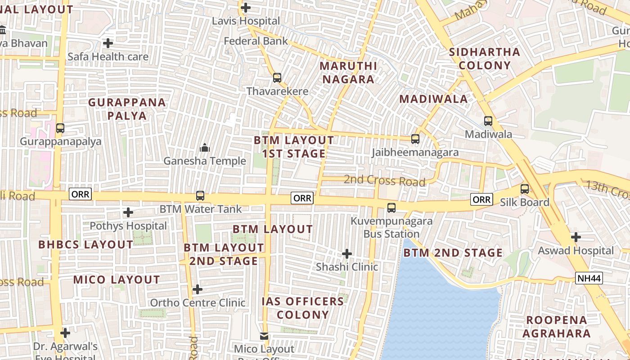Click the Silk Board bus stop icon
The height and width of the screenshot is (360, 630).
pos(524,189)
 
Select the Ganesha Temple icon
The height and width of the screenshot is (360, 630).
pos(205,148)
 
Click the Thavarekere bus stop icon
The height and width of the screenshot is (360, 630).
pos(277,78)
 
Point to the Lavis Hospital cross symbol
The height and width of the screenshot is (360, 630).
pos(246,8)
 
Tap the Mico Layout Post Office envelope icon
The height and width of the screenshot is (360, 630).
pos(264,336)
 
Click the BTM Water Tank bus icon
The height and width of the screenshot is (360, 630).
pos(200,196)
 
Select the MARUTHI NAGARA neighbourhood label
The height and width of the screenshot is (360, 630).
pos(347,72)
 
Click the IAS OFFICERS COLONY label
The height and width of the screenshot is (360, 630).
pos(303,308)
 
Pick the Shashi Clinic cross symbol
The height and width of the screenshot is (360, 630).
pos(346,254)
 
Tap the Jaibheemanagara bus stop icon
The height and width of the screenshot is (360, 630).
pos(415,139)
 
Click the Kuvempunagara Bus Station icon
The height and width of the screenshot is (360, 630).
pos(391,207)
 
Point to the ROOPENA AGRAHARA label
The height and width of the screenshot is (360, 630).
pos(557,327)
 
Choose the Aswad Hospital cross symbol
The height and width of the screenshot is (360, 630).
pos(576,237)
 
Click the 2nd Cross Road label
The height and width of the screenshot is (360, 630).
pos(384,181)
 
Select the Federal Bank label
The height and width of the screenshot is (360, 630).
pos(256,41)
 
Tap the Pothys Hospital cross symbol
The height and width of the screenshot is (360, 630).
pos(128,212)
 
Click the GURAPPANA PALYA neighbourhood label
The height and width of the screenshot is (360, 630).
pos(127,109)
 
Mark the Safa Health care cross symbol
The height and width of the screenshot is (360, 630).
pos(108,43)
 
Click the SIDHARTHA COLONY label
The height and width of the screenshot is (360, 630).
pos(485,58)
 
